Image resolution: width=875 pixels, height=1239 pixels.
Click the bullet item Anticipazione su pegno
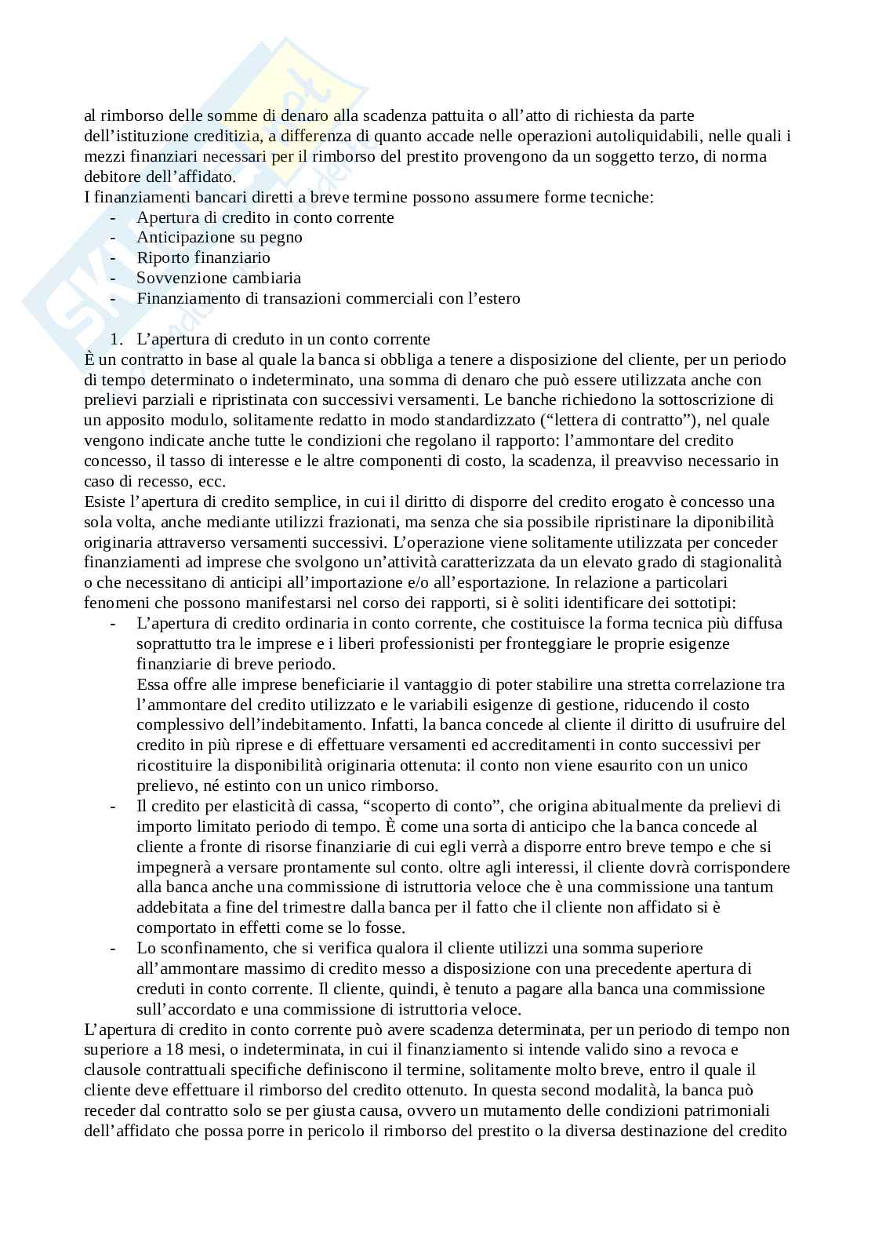click(219, 238)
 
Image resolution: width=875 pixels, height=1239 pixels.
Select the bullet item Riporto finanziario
click(203, 258)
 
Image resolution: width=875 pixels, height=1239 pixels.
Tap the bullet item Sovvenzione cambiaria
click(218, 279)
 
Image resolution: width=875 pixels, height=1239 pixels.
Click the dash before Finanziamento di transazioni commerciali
click(114, 299)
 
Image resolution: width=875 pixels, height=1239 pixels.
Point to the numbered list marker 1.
click(117, 340)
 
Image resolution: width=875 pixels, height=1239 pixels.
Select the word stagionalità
click(737, 563)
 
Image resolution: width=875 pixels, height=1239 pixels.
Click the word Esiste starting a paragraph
click(104, 502)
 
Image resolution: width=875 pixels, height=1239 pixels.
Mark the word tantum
click(748, 887)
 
